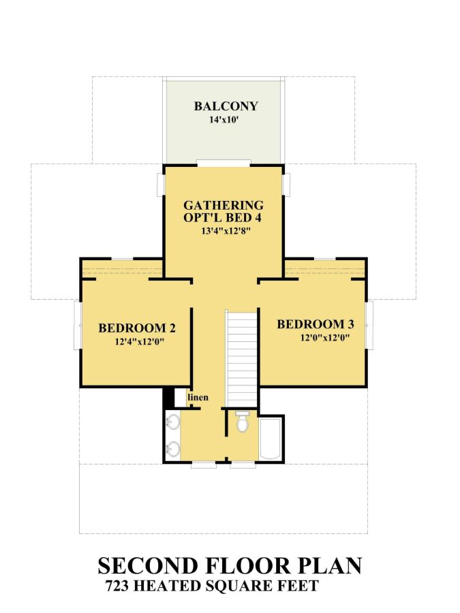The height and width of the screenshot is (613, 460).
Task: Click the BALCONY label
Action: click(x=226, y=106)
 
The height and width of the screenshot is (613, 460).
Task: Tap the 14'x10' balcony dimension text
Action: click(x=226, y=120)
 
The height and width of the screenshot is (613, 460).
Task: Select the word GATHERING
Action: click(x=224, y=204)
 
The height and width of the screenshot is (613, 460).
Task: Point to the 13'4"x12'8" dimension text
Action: click(x=224, y=232)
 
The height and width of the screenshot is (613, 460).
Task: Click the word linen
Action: click(x=198, y=397)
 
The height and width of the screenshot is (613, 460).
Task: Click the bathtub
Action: click(x=271, y=439)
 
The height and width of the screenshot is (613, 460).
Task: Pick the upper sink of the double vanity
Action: click(x=174, y=422)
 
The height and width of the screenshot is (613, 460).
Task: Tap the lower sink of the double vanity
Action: click(x=174, y=449)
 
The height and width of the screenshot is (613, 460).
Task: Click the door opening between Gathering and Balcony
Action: click(x=224, y=163)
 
